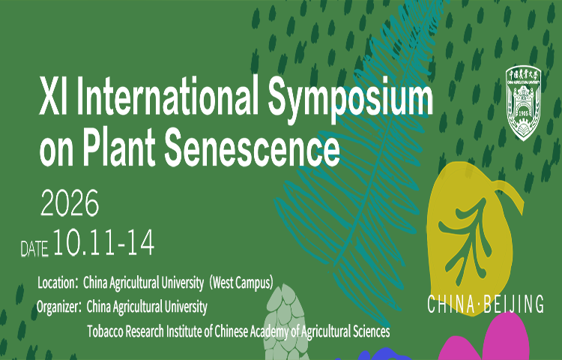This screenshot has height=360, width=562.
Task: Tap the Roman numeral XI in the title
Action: tap(54, 96)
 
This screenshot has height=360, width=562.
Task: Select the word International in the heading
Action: tap(167, 94)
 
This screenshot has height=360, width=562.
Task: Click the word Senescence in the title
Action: tap(252, 148)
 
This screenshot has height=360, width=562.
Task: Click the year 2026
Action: tap(70, 202)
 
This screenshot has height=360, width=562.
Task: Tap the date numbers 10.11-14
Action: tap(104, 242)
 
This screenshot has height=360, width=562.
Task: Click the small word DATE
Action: tap(34, 249)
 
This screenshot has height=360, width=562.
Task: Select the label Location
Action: tap(55, 283)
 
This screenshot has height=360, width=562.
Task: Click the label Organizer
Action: tap(58, 307)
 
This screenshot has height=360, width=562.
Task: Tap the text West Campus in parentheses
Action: tap(241, 283)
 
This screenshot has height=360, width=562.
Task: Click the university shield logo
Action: tap(523, 103)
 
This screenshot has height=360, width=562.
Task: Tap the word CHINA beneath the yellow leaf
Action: tap(451, 304)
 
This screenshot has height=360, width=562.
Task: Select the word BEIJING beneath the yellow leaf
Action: tap(513, 304)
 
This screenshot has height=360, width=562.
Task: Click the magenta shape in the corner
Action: tap(488, 340)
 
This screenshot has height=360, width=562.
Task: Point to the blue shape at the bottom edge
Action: tap(380, 355)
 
